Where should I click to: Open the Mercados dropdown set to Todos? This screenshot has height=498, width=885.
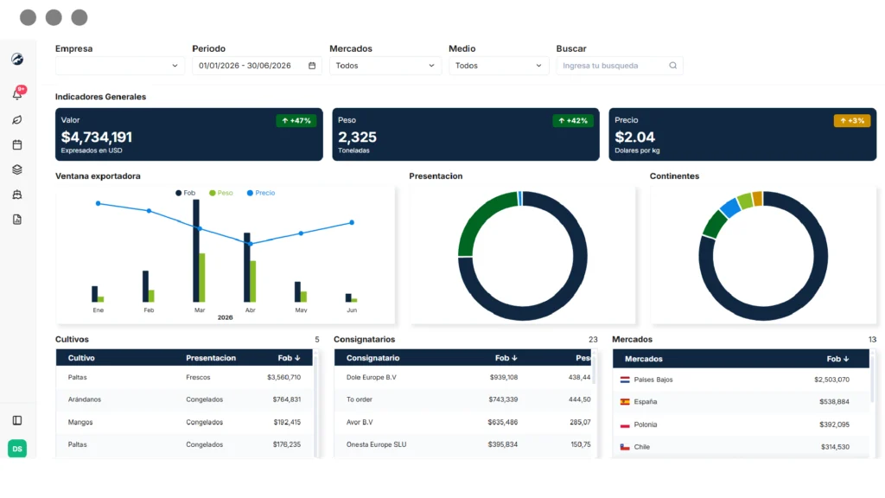point(385,66)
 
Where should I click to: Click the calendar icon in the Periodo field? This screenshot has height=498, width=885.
point(312,66)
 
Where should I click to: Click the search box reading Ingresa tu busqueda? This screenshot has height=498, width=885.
point(619,66)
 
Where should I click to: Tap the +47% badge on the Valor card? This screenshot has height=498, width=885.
point(296,121)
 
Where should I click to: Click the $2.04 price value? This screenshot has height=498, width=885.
point(635,137)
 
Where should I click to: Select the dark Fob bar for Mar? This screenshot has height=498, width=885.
point(196,251)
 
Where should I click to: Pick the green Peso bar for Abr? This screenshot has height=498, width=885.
point(253,281)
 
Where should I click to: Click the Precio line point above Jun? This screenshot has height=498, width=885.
point(352,222)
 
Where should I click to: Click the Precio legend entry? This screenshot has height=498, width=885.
point(261,193)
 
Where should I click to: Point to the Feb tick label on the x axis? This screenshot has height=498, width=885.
point(149,310)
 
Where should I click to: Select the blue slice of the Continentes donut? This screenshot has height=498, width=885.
point(729,207)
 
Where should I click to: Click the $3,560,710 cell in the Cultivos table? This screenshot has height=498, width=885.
point(283,377)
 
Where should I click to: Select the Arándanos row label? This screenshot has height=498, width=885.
point(85,399)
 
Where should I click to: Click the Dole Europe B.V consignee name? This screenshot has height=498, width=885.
point(372,377)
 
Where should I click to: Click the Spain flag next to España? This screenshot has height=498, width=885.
point(625,402)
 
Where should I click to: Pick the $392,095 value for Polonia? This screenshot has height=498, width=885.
point(834,425)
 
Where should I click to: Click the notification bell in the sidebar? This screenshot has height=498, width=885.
point(17,93)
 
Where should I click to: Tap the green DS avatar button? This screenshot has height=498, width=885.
point(17,449)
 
